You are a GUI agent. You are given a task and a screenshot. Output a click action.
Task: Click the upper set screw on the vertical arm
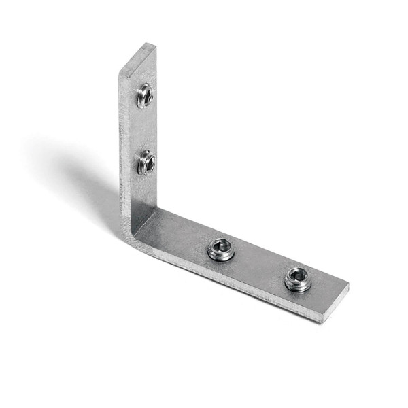click(144, 96)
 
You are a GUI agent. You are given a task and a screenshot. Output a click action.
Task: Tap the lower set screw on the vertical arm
click(146, 163)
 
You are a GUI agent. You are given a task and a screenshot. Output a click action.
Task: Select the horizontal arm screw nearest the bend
click(220, 250)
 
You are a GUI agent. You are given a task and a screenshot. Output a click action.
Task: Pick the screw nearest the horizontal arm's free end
click(297, 278)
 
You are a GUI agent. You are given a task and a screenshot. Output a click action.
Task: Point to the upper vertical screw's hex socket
click(146, 95)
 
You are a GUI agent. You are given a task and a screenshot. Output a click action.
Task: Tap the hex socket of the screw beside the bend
click(221, 247)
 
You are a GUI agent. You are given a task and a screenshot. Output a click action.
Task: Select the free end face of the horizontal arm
click(335, 305)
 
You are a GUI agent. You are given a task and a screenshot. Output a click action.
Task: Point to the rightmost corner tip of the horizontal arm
click(348, 287)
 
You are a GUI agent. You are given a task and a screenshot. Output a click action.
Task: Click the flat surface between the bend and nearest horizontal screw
click(180, 235)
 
